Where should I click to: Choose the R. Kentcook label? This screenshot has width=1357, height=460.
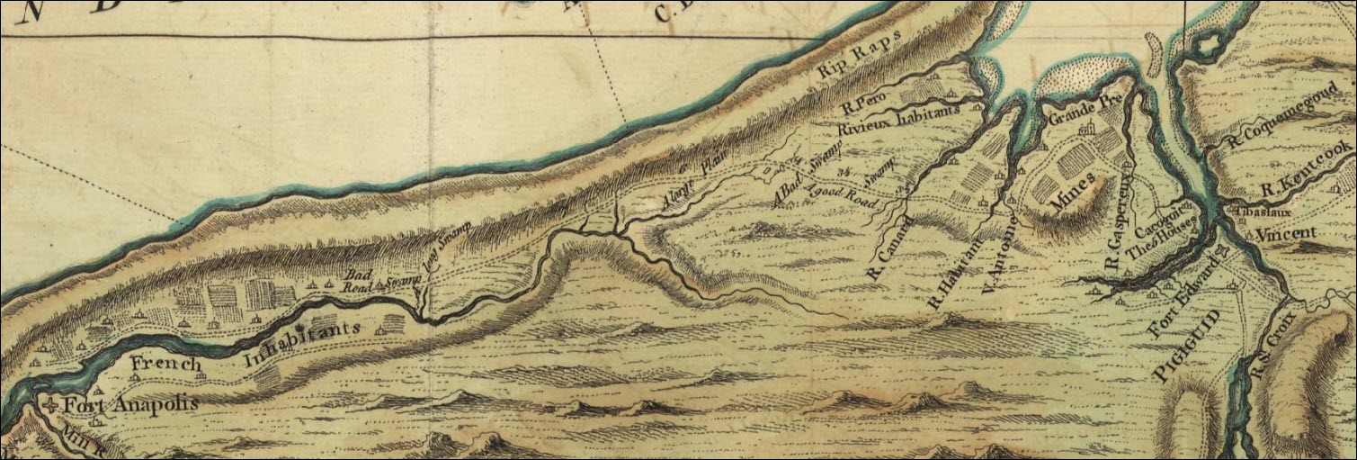click(1304, 170)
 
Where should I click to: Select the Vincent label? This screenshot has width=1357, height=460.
click(1287, 234)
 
